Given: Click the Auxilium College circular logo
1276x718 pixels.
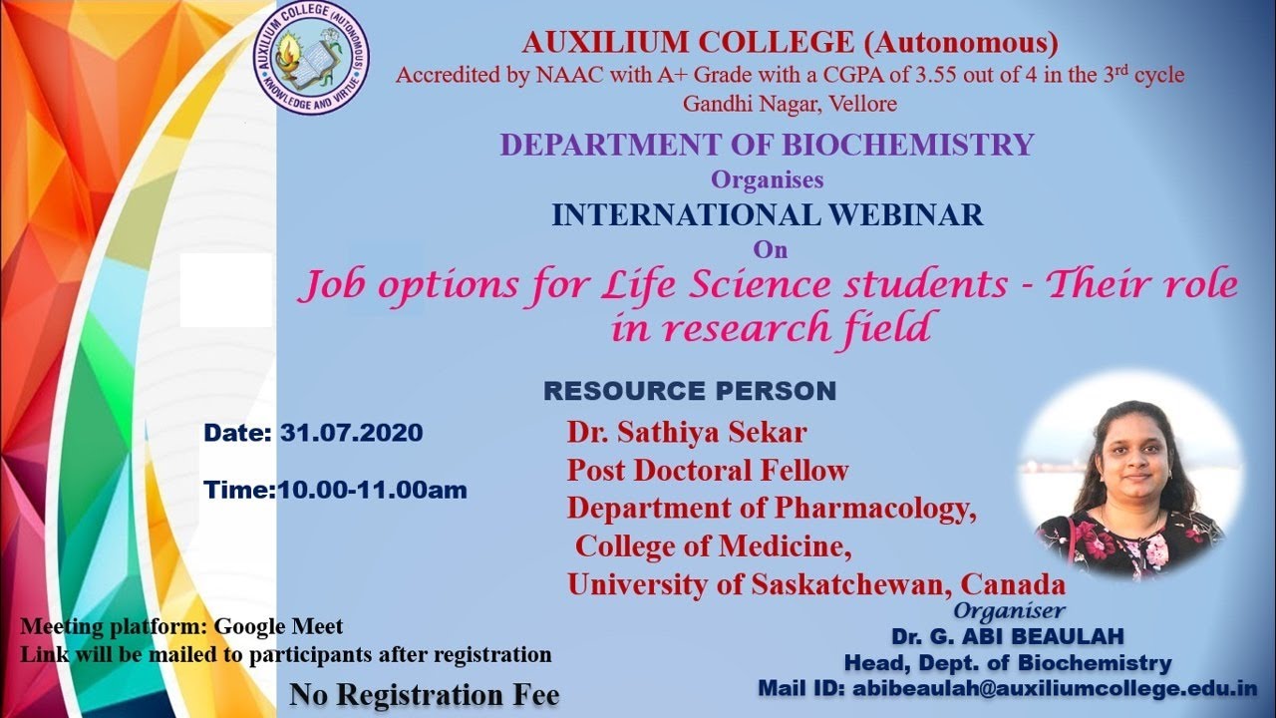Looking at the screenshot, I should tap(310, 57).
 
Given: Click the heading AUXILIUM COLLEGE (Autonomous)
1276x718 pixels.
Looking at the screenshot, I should tap(790, 43).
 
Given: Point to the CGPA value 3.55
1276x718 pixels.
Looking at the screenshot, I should tap(920, 75).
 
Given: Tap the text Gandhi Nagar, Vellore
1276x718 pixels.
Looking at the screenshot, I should tap(790, 104).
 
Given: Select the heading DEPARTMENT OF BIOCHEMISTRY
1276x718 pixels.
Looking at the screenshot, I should tap(767, 145).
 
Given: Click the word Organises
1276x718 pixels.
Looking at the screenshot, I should tap(767, 180).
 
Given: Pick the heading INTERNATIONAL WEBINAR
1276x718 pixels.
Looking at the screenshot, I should tap(767, 214).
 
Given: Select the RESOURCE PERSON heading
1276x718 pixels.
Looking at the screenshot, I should tap(689, 391).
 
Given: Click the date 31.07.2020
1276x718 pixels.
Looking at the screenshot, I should tap(351, 434).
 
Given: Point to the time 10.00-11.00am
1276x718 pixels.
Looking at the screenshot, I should tap(372, 491).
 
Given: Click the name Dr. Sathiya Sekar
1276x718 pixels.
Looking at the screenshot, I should tap(687, 433).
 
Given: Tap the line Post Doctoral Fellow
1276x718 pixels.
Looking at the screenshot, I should tap(708, 470).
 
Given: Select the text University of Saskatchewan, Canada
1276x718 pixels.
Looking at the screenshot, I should tap(816, 583).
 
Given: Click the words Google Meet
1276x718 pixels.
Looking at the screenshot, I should tap(279, 627).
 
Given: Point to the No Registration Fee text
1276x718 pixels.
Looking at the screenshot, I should tap(425, 694).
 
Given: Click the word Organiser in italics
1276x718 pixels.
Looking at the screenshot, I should tap(1009, 610).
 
